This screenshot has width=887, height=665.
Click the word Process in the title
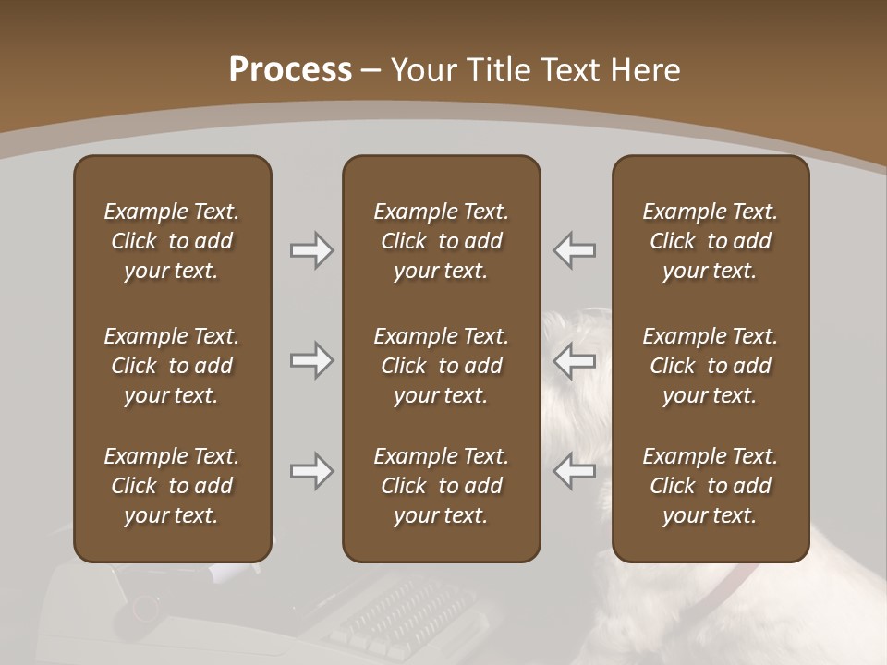click(290, 70)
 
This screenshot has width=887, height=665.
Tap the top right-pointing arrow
click(311, 250)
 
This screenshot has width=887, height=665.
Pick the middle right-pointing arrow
click(311, 360)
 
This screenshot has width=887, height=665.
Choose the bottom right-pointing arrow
click(311, 471)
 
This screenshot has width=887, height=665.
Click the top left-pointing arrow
click(574, 250)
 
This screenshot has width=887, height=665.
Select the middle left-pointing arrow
click(574, 360)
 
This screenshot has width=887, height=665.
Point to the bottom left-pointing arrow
click(574, 471)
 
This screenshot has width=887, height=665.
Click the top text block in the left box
click(172, 241)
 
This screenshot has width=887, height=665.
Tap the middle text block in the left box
click(172, 366)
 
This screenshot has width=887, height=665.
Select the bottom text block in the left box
click(172, 486)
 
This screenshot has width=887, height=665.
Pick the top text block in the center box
click(442, 241)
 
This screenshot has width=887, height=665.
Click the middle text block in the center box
click(442, 366)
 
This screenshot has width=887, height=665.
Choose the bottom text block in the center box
click(442, 486)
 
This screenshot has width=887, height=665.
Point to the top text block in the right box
click(711, 241)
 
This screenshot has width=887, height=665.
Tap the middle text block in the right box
click(711, 366)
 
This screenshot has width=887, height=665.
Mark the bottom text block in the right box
click(711, 486)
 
